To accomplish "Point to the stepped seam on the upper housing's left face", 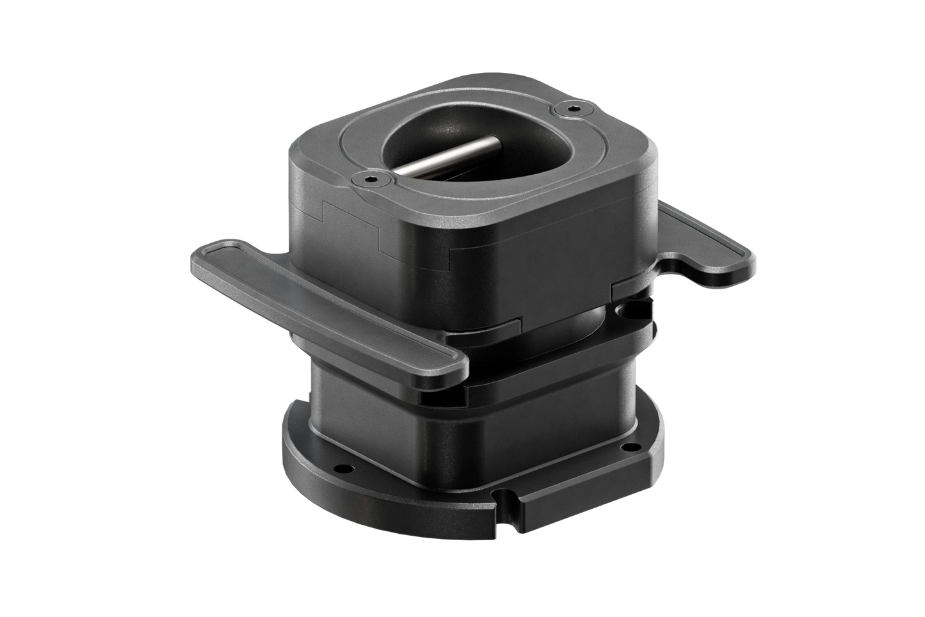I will click(358, 227).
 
